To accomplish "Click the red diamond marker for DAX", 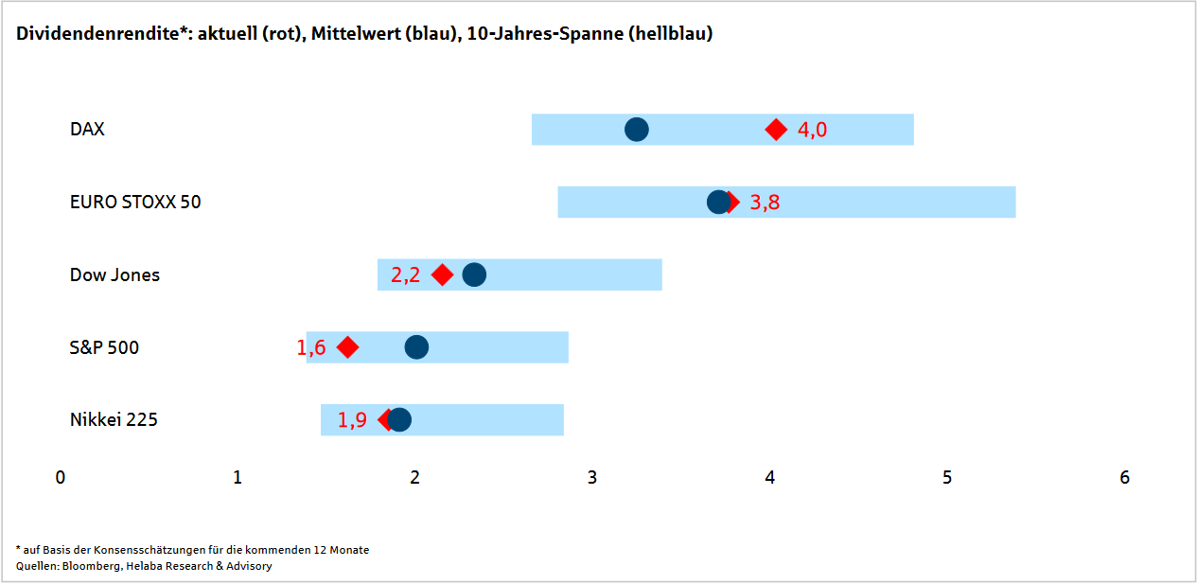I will (x=776, y=130).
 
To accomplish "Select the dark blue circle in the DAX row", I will (x=637, y=130).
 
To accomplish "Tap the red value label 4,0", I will (x=812, y=130).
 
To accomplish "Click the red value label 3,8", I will (x=765, y=203).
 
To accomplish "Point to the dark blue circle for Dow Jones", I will (x=474, y=274).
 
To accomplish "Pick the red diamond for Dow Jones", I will (x=442, y=274).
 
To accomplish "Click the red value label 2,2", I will (x=405, y=275).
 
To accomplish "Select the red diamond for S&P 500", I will (x=347, y=347).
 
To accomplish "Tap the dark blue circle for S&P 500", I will (x=416, y=347).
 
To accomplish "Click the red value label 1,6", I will (x=311, y=348).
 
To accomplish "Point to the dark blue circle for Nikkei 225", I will (x=400, y=420).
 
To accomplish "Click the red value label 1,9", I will (x=352, y=421).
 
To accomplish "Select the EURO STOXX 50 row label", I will (x=135, y=203).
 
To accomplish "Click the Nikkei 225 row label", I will (x=114, y=420).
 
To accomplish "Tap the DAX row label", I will (x=87, y=130).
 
